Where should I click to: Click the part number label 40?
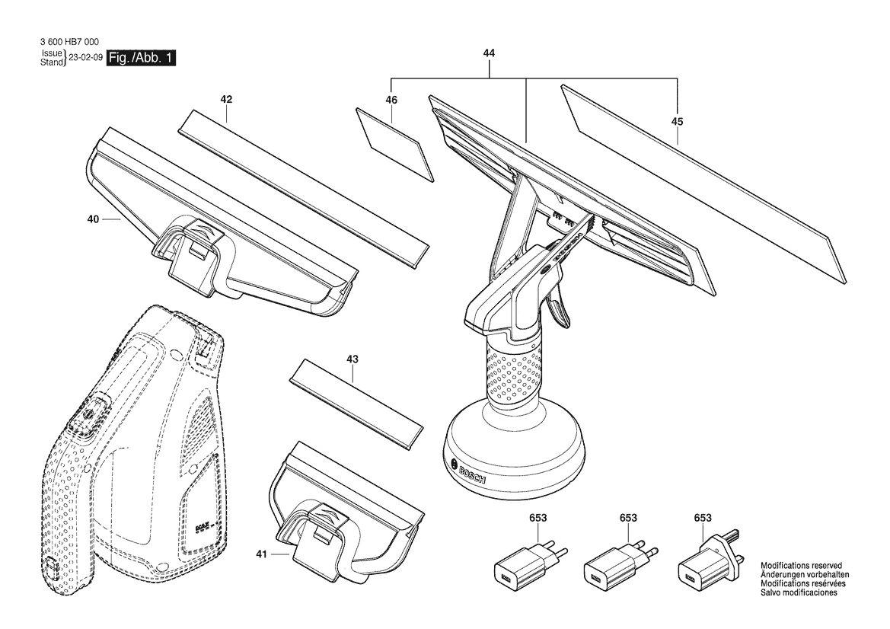93,219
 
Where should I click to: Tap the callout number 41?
261,554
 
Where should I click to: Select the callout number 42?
226,99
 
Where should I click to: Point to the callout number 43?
352,359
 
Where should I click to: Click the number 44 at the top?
489,53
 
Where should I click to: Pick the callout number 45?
677,122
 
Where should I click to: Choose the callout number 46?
391,100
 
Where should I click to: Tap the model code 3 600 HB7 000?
70,42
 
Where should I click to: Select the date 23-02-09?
85,58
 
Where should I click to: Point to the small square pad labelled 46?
395,145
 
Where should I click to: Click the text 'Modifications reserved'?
801,566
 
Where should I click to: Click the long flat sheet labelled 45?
703,184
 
